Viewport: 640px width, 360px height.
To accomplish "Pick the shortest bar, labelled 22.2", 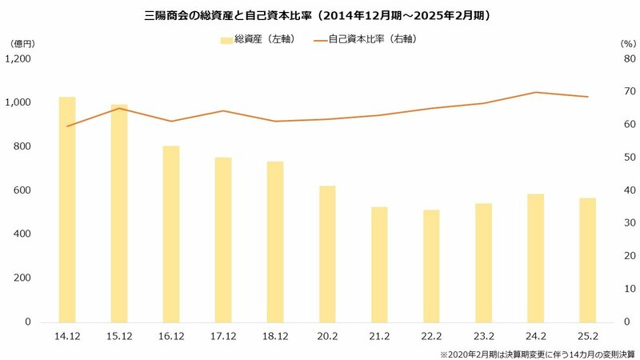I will (431, 266).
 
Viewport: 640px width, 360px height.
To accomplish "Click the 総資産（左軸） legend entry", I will (255, 39).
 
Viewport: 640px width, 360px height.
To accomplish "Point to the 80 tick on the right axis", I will (629, 58).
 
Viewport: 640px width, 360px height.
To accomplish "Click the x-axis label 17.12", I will (223, 338).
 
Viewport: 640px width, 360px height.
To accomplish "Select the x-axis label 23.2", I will (483, 338).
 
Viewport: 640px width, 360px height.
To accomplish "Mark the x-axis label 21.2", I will (379, 338).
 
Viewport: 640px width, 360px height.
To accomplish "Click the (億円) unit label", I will (23, 42).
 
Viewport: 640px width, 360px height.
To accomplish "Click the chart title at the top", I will (320, 14).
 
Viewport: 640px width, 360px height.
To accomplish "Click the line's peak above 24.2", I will (535, 92).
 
